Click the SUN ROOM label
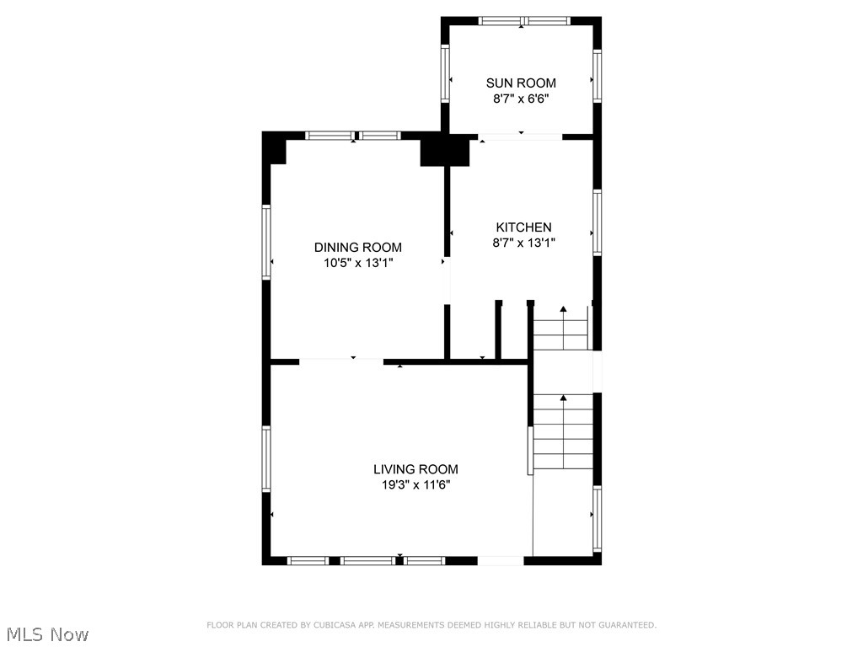pyautogui.click(x=521, y=83)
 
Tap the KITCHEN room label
pyautogui.click(x=523, y=227)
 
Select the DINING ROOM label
pyautogui.click(x=357, y=248)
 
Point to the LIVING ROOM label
pyautogui.click(x=415, y=469)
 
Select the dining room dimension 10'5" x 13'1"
pyautogui.click(x=357, y=263)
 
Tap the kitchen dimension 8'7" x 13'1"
pyautogui.click(x=523, y=243)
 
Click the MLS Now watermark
pyautogui.click(x=46, y=634)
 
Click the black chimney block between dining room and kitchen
pyautogui.click(x=444, y=151)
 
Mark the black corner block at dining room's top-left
pyautogui.click(x=276, y=149)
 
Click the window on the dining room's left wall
pyautogui.click(x=266, y=242)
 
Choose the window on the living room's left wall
pyautogui.click(x=266, y=459)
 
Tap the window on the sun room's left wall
pyautogui.click(x=445, y=73)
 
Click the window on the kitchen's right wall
pyautogui.click(x=597, y=222)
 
